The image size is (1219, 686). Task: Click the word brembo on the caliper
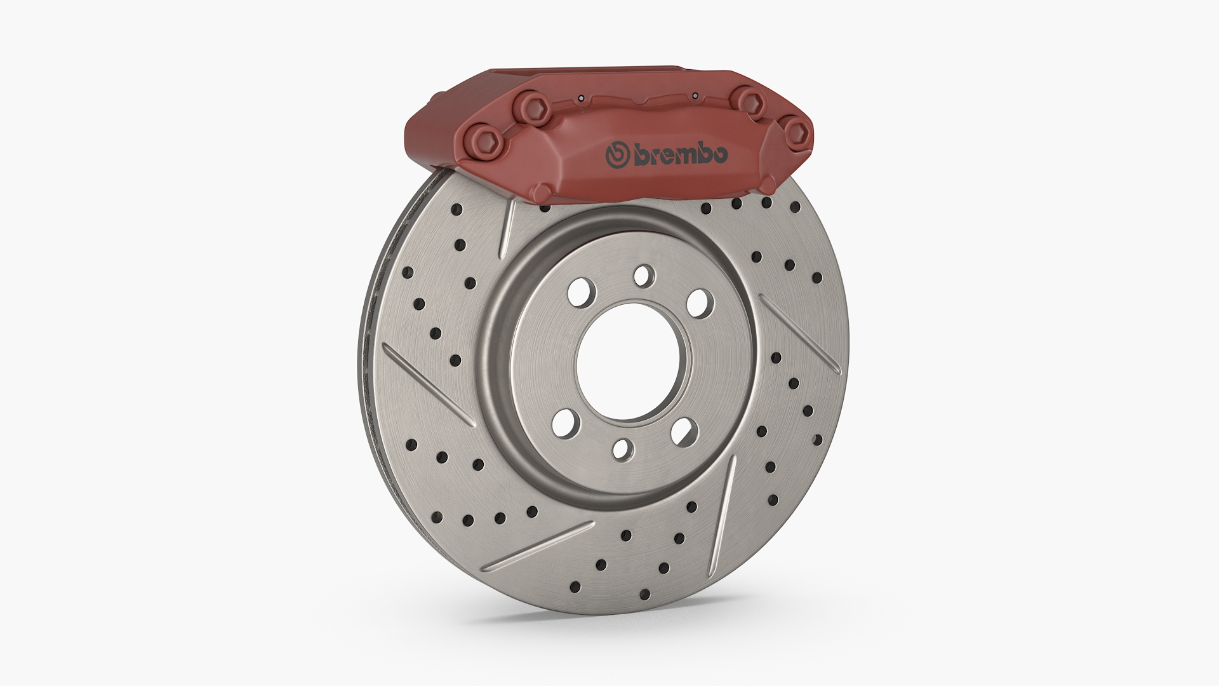tap(681, 156)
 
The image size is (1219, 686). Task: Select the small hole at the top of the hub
tap(643, 275)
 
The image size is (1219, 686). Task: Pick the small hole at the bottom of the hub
tap(623, 449)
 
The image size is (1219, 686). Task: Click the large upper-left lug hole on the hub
tap(582, 293)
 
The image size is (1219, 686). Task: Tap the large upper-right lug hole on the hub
tap(698, 302)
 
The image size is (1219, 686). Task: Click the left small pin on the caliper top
tap(580, 98)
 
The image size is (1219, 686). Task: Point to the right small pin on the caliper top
tap(695, 96)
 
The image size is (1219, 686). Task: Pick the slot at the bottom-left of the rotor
tap(543, 544)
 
